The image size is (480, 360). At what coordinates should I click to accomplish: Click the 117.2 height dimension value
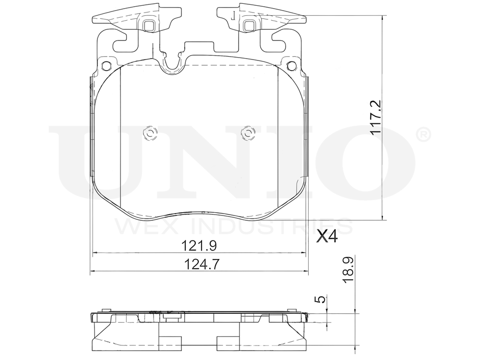(375, 116)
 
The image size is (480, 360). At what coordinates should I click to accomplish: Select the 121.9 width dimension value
(199, 245)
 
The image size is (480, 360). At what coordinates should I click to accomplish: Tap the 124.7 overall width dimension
(199, 264)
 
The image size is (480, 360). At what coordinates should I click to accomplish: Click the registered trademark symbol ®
(424, 135)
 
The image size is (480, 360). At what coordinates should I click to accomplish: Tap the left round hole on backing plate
(106, 66)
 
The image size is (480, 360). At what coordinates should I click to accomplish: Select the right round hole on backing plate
(292, 66)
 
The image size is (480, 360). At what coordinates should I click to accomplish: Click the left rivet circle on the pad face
(150, 133)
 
